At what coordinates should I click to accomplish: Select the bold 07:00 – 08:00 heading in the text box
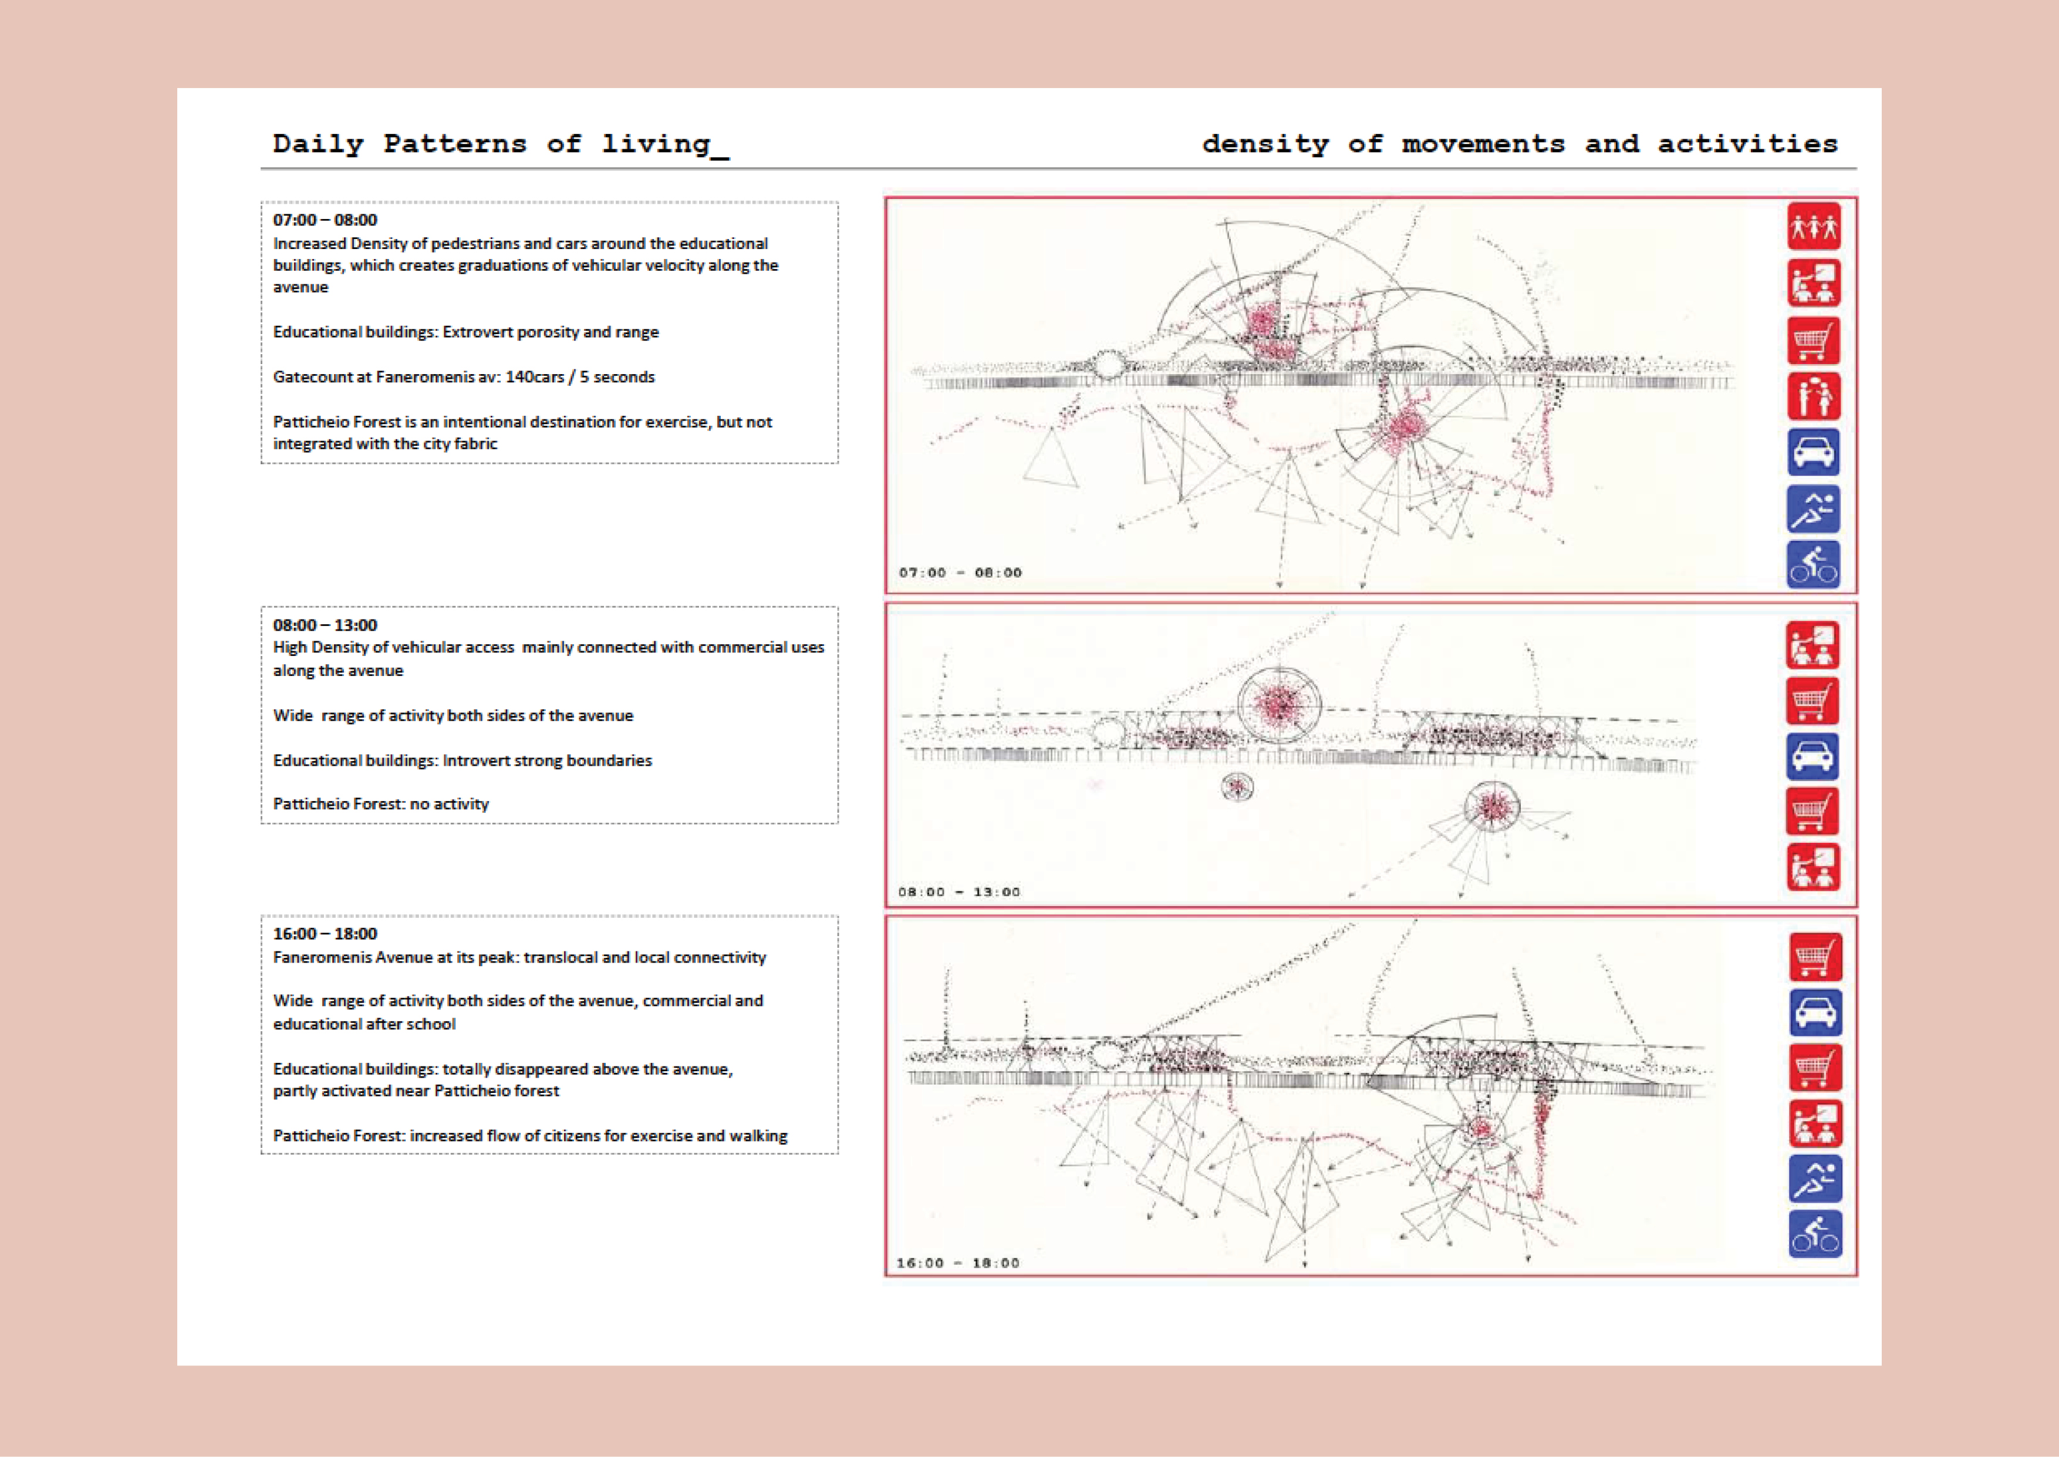tap(325, 220)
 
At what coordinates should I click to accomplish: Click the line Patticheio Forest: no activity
tap(381, 804)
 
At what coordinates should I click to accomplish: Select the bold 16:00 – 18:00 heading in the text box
tap(325, 934)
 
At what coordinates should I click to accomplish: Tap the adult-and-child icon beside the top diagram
tap(1813, 396)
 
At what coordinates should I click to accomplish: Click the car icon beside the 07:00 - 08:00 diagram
tap(1813, 453)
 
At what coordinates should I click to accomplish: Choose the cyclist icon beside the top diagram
tap(1813, 565)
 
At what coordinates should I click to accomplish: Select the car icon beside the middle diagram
tap(1811, 756)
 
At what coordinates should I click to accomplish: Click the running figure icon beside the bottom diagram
tap(1815, 1178)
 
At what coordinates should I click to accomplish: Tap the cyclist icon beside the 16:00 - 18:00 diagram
tap(1815, 1234)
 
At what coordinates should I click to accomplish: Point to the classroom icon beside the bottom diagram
tap(1815, 1123)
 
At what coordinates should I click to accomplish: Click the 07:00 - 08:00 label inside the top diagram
tap(960, 573)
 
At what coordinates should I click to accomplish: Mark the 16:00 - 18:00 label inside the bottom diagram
tap(958, 1263)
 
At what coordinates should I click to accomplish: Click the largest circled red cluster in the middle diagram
tap(1279, 705)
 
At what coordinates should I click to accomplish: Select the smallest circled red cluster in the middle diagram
tap(1237, 788)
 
